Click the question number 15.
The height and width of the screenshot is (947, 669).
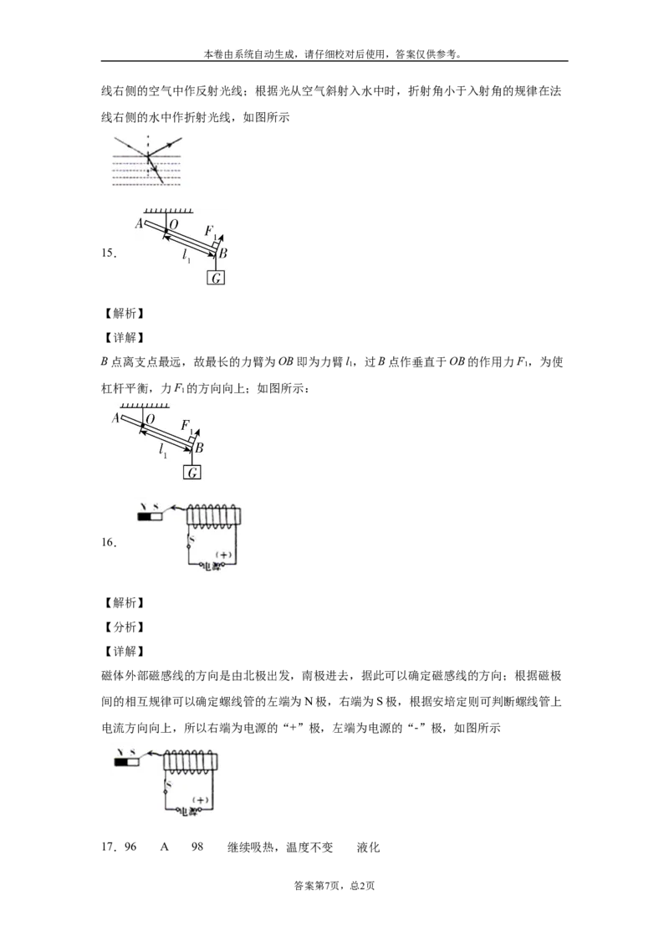coord(108,253)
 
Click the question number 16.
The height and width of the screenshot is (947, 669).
coord(108,542)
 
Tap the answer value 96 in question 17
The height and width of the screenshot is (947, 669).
coord(130,847)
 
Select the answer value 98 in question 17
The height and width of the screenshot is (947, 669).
coord(197,847)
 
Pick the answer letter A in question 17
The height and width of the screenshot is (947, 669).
coord(164,847)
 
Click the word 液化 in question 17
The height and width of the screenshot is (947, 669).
coord(368,847)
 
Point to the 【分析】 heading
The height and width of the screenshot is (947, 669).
coord(124,627)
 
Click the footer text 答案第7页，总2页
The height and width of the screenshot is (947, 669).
coord(334,886)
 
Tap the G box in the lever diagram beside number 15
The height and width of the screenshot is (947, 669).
coord(216,278)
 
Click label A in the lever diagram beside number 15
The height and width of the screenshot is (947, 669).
coord(138,223)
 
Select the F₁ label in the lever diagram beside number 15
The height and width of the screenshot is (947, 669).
coord(211,232)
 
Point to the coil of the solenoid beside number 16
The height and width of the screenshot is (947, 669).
coord(213,514)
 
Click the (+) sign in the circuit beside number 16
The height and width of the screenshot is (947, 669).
coord(224,555)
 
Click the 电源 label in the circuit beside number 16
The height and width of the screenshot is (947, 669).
coord(208,566)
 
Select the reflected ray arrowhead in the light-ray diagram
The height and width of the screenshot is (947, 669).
coord(177,143)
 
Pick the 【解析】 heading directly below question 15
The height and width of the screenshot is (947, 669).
coord(124,313)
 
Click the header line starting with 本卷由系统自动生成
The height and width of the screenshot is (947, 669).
coord(334,54)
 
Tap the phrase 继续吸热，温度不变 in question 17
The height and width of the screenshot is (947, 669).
coord(279,847)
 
